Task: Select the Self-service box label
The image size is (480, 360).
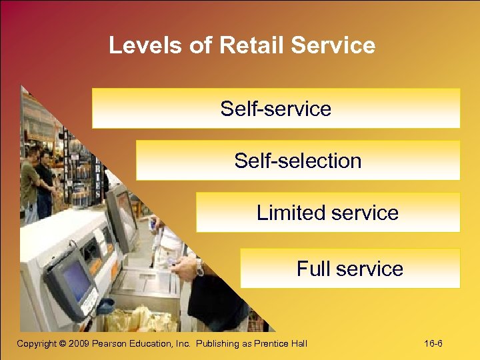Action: coord(275,109)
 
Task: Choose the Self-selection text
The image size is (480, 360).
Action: coord(297,161)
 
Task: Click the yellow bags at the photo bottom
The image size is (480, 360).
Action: coord(143,320)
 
